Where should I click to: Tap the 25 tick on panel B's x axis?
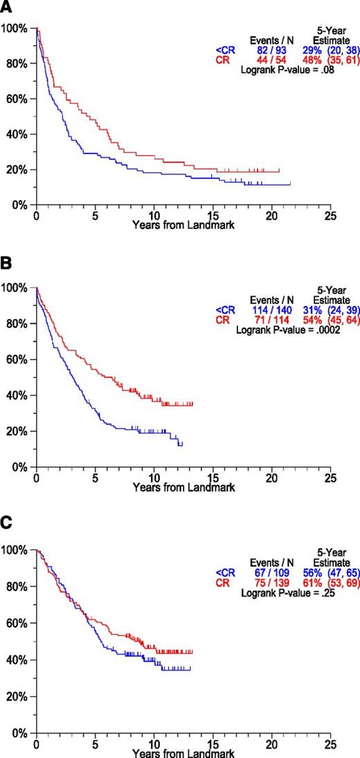click(330, 477)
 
